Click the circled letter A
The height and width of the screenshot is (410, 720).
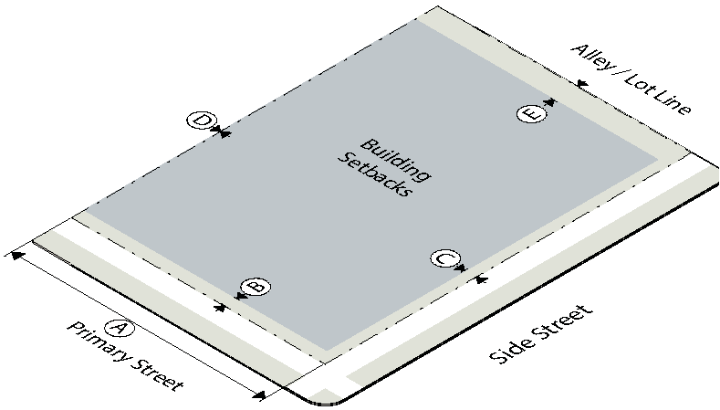120,328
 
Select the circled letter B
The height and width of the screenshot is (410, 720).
256,287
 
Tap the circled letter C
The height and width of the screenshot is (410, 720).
445,258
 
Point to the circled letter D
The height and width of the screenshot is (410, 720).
202,121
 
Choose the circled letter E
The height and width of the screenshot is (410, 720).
532,114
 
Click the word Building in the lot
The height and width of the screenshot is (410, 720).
396,160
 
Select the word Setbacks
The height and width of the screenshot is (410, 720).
374,174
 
